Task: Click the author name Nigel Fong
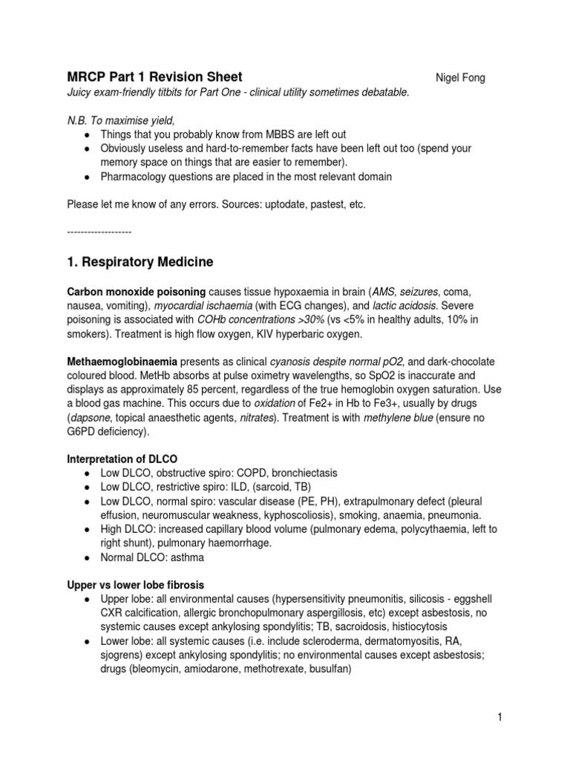tap(459, 78)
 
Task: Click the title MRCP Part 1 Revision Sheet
tap(154, 77)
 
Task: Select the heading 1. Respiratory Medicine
tap(140, 262)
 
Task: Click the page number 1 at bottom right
tap(502, 717)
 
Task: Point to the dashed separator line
tap(99, 232)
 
